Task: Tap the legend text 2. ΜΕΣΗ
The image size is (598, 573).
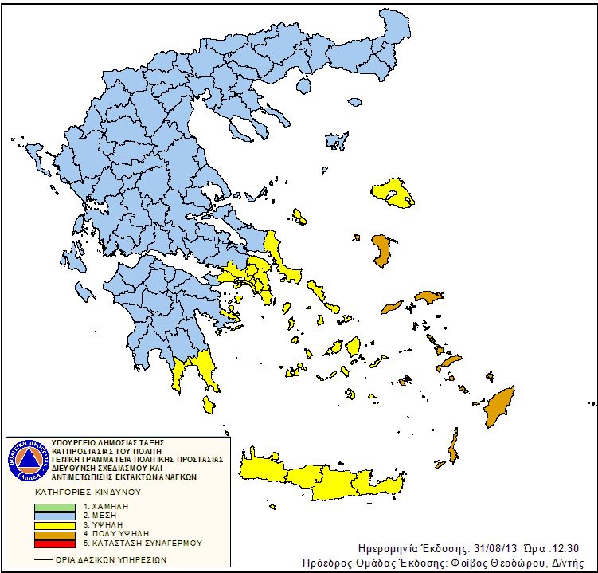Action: [99, 515]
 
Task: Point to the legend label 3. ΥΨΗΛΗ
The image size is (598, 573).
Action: [101, 524]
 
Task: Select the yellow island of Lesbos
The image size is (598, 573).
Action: [393, 192]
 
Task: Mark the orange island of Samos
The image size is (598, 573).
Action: [427, 297]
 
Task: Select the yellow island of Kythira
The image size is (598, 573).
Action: [208, 404]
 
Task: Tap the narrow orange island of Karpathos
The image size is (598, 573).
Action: [454, 449]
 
